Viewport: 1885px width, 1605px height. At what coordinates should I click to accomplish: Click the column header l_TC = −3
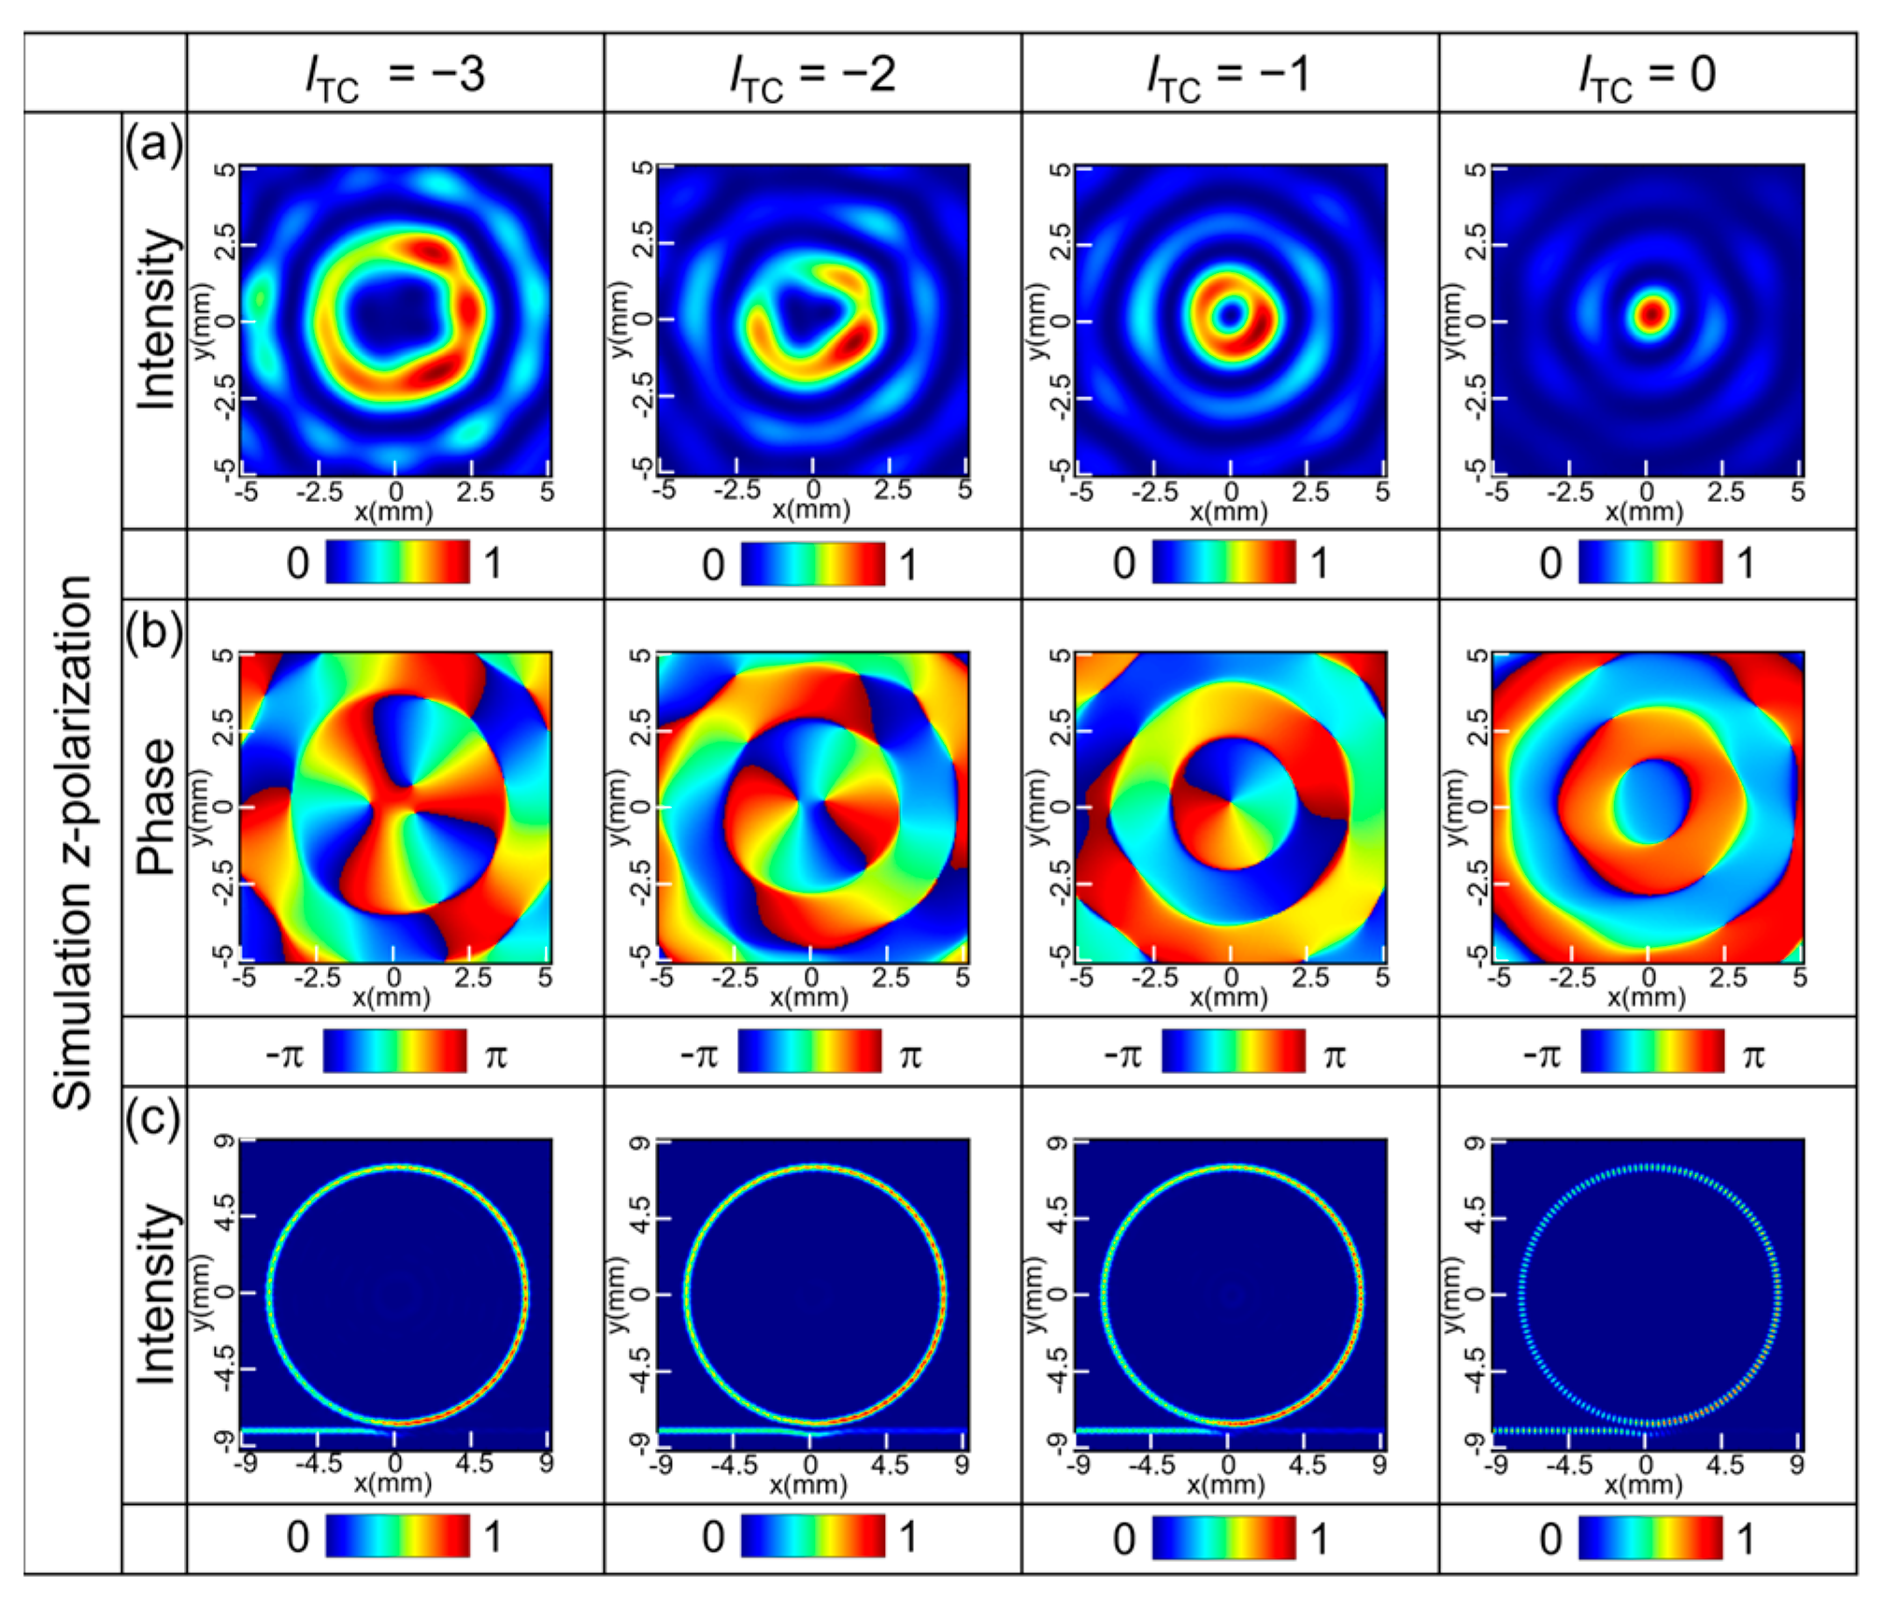point(394,75)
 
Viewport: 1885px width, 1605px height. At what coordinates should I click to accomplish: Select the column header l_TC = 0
point(1647,75)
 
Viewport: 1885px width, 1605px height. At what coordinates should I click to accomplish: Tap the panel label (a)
point(154,145)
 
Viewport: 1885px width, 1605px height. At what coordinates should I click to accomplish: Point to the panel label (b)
point(154,631)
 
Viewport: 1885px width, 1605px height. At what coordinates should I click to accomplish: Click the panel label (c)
point(153,1117)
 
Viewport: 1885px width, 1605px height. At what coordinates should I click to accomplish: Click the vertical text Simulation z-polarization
point(73,841)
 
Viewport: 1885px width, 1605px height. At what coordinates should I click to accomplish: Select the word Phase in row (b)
point(156,807)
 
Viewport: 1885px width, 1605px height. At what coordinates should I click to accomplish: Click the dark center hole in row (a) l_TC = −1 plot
point(1230,315)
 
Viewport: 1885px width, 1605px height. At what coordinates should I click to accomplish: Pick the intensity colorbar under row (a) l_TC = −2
point(812,564)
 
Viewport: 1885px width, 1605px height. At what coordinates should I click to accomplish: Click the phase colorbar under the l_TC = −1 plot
point(1233,1051)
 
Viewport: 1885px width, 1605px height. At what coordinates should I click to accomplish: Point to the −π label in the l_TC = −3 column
point(285,1056)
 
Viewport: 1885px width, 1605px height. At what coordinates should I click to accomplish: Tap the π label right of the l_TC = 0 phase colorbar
point(1753,1056)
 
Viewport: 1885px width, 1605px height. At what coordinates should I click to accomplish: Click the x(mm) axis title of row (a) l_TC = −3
point(393,512)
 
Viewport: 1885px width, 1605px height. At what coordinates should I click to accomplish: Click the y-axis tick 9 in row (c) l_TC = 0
point(1474,1143)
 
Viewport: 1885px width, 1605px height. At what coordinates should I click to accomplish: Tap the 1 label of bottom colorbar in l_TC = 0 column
point(1745,1539)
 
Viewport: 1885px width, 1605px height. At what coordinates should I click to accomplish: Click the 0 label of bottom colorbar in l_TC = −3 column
point(297,1537)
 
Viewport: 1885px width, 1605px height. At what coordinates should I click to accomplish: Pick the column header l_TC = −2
point(812,75)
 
